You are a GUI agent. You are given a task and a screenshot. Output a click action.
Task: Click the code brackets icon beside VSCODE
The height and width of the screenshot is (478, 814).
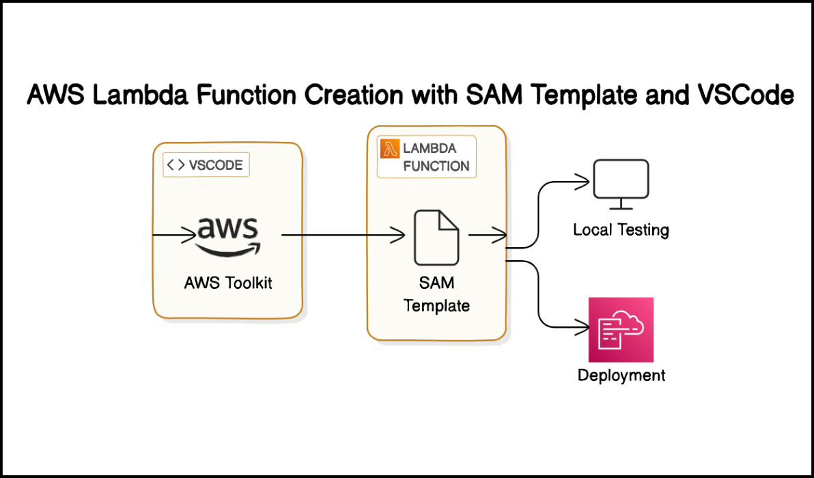point(176,165)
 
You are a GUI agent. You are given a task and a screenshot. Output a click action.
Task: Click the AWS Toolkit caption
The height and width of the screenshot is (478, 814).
point(228,283)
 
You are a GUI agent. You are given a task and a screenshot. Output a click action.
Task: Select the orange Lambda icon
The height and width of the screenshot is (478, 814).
point(389,148)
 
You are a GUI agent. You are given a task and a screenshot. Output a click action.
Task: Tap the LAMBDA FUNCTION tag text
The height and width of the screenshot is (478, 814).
point(436,157)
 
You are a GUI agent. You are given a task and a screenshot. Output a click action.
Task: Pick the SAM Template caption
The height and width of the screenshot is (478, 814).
point(437,294)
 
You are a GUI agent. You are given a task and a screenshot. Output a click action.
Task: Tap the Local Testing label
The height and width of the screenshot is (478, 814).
point(621,229)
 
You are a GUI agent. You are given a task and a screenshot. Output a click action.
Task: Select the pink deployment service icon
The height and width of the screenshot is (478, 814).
point(621,329)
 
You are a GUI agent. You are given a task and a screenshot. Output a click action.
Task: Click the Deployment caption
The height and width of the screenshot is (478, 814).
point(621,375)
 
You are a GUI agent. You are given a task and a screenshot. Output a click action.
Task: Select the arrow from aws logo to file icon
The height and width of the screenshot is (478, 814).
point(341,236)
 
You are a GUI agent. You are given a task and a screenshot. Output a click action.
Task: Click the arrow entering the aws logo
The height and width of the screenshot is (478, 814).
point(174,236)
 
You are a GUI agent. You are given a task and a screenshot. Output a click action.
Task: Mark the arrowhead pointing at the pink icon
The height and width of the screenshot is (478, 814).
point(583,326)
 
